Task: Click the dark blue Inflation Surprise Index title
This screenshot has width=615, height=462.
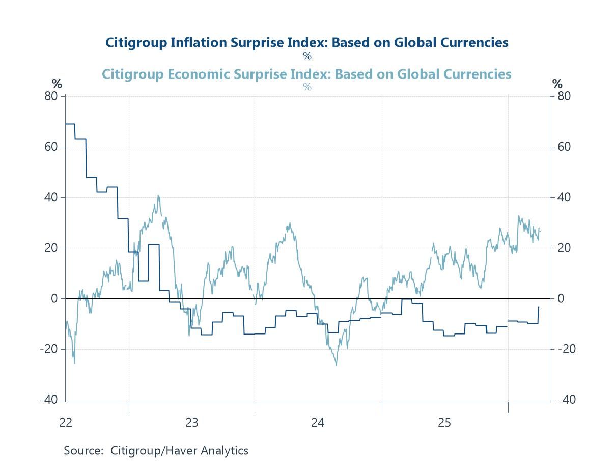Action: click(x=306, y=42)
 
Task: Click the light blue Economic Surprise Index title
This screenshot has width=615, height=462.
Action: click(x=306, y=74)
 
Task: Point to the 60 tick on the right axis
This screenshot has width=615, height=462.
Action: click(x=563, y=147)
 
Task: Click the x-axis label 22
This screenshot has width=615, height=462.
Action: click(x=65, y=423)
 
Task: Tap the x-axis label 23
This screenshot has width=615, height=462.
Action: click(x=191, y=423)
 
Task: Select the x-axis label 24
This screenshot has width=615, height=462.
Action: click(x=318, y=423)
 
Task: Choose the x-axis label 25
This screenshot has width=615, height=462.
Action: click(x=444, y=423)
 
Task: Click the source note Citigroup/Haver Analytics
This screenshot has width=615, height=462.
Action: click(x=156, y=451)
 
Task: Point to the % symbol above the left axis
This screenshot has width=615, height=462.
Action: click(x=56, y=84)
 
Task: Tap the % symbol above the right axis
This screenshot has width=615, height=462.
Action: click(x=557, y=84)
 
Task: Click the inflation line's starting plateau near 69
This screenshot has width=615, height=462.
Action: click(x=70, y=124)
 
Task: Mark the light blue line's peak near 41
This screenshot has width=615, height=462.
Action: click(x=158, y=195)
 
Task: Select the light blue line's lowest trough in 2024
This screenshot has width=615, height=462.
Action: click(x=336, y=364)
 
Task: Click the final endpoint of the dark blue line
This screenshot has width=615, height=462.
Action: click(x=539, y=307)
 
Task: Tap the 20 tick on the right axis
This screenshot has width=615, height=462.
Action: click(x=563, y=248)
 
